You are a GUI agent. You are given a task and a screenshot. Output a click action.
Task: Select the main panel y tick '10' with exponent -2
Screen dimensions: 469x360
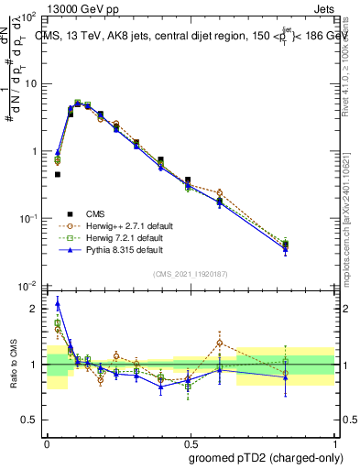pos(28,286)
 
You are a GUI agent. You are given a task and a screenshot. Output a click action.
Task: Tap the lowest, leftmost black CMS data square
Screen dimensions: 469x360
pos(57,174)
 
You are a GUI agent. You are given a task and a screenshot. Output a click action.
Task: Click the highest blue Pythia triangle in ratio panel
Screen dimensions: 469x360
pos(58,303)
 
